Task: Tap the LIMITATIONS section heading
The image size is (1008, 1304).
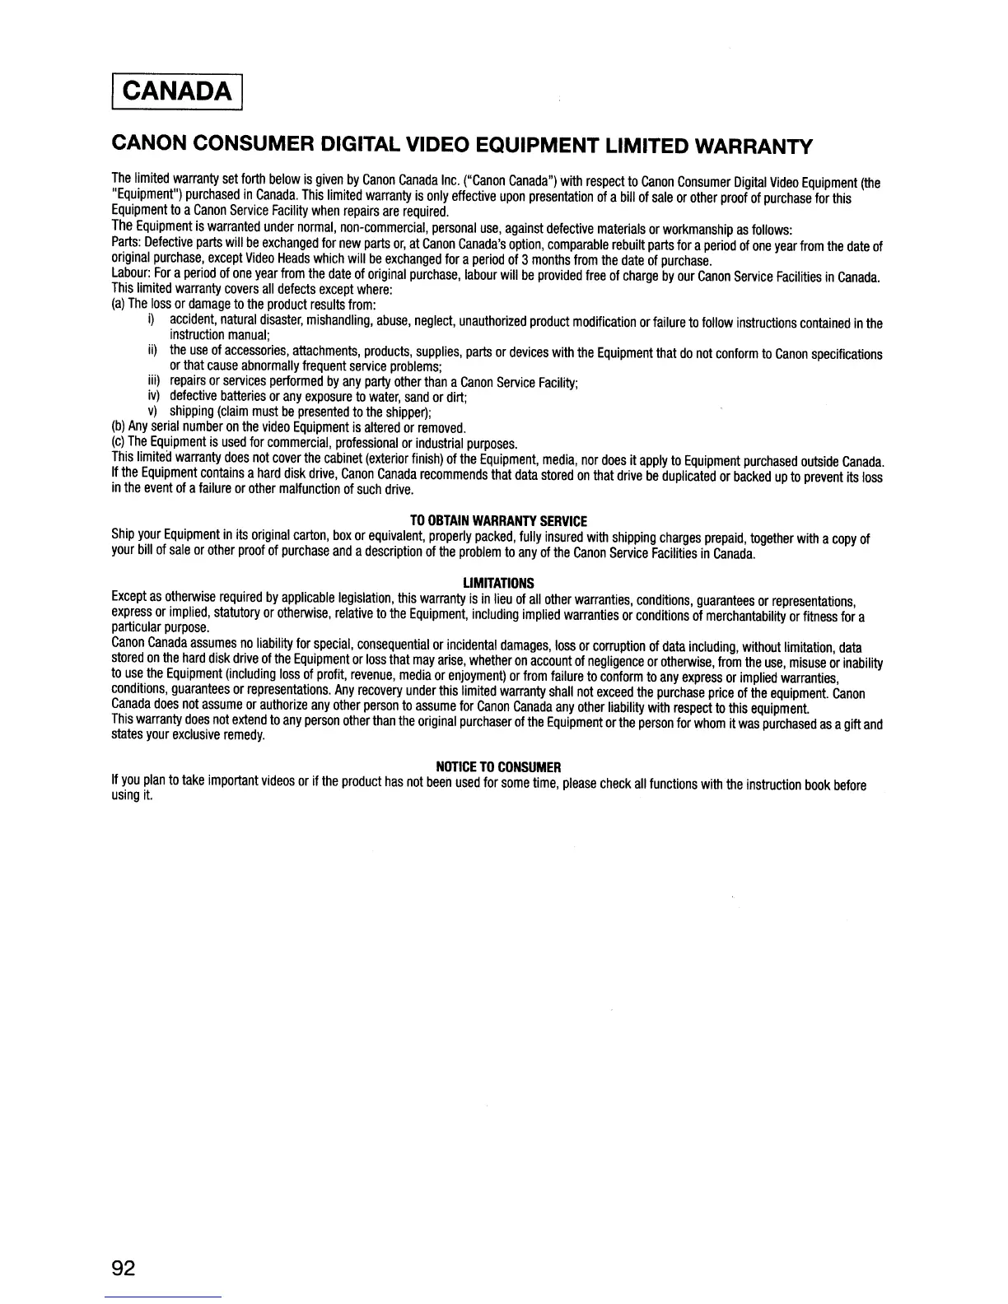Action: (x=498, y=583)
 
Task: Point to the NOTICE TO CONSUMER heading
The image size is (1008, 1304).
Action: (x=497, y=767)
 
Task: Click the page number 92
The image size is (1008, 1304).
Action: (x=123, y=1267)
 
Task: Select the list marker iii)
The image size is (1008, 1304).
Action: (x=152, y=383)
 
